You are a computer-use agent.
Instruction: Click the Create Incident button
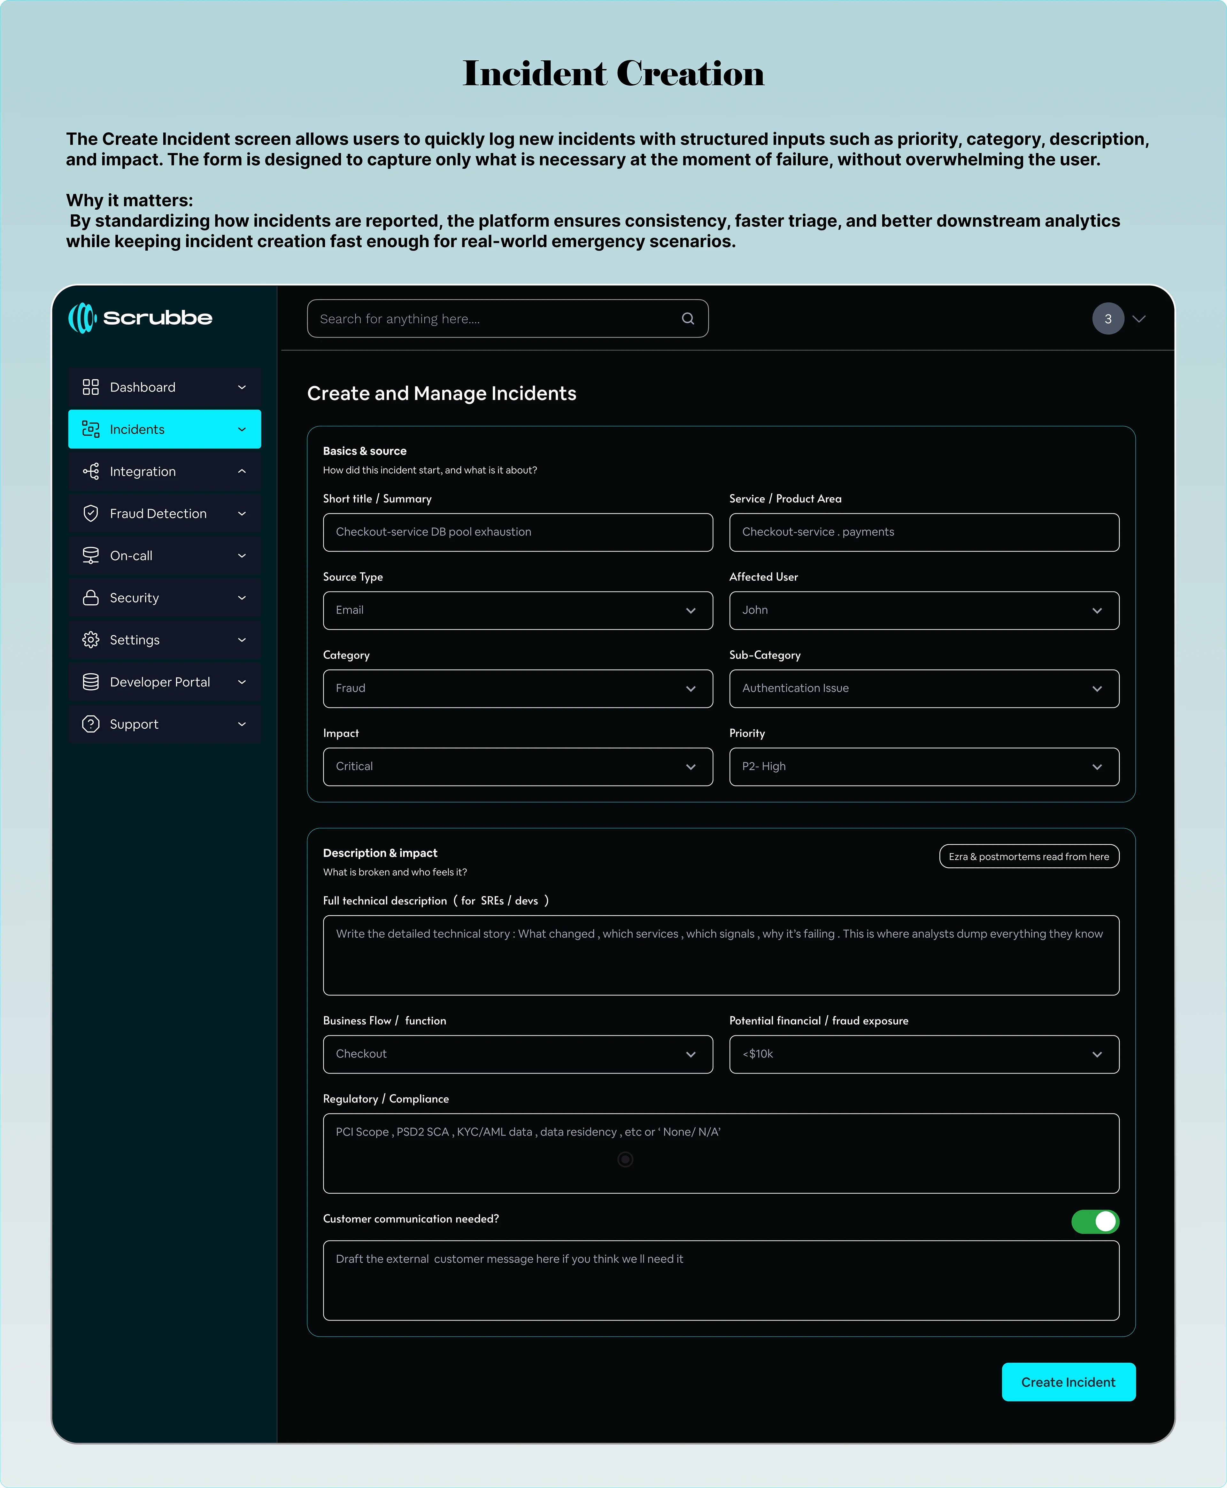coord(1068,1382)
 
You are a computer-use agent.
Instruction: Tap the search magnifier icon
coord(688,319)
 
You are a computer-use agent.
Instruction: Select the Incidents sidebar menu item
coord(164,429)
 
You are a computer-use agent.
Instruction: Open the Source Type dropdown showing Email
coord(517,610)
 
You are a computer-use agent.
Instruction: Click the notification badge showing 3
coord(1107,319)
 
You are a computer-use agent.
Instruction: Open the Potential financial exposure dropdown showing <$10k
coord(924,1054)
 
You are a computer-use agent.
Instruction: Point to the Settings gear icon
coord(90,640)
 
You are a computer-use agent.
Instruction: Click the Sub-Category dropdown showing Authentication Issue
coord(924,688)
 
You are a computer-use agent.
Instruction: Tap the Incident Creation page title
coord(613,74)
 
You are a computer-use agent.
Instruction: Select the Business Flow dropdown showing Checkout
coord(517,1054)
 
